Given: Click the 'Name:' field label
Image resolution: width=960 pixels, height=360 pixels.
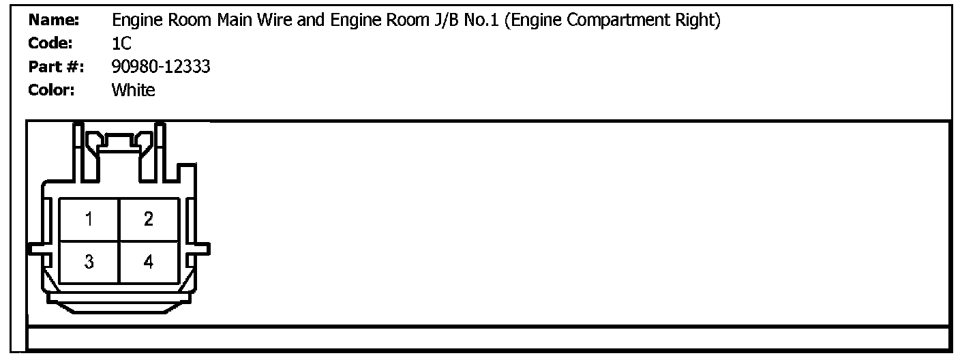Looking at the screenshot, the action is tap(55, 20).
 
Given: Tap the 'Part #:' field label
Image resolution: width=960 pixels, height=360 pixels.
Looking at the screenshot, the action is tap(56, 67).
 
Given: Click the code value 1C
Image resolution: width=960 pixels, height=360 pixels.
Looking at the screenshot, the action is tap(121, 44).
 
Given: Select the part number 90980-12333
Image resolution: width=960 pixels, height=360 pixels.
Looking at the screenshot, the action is tap(161, 67).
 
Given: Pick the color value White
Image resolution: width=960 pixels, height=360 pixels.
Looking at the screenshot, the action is tap(134, 90).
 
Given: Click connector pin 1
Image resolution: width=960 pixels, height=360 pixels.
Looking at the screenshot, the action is tap(89, 220).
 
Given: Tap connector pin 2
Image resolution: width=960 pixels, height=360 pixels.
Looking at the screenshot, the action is tap(149, 220).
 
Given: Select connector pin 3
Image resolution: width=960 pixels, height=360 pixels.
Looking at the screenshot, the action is tap(89, 262).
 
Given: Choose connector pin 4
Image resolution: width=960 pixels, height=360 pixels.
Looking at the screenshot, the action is tap(149, 262).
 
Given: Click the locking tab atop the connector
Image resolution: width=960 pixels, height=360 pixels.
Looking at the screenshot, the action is tap(119, 143).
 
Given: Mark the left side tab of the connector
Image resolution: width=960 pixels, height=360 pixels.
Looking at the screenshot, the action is tap(35, 248).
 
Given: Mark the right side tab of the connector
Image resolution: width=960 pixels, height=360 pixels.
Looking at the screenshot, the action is tap(202, 248).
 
